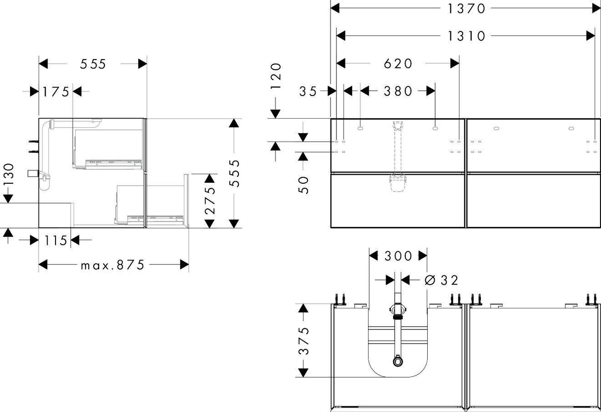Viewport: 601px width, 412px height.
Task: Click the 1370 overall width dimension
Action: point(466,9)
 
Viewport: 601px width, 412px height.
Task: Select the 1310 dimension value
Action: point(466,36)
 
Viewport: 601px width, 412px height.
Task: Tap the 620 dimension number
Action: point(398,64)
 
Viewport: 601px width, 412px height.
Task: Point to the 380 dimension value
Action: point(398,91)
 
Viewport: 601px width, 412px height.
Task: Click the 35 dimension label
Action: point(309,92)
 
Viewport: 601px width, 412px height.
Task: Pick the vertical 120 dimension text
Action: point(276,76)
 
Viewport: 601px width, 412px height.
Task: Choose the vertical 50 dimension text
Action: point(304,185)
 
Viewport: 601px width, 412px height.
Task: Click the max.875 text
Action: point(113,265)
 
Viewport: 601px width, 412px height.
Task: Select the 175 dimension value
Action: point(56,92)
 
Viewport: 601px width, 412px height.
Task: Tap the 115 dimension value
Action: point(56,240)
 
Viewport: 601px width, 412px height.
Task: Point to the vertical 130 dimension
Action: point(9,174)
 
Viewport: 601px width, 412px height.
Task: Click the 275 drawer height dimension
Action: point(210,201)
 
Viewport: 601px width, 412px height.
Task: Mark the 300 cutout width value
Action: point(398,256)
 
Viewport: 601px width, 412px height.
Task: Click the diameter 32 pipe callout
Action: point(441,280)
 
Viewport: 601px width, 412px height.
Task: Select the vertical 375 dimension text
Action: point(304,341)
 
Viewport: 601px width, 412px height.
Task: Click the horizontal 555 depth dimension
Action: point(93,64)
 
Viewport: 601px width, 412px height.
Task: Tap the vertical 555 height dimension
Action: point(234,173)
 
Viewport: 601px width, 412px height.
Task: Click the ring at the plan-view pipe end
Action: point(398,361)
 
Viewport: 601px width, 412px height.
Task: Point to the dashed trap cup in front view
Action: point(398,183)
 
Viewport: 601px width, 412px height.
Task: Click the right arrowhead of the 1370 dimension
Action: point(596,9)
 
